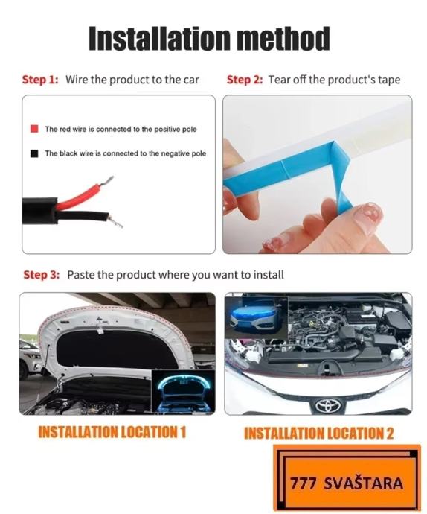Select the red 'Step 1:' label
coord(40,80)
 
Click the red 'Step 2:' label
coord(245,80)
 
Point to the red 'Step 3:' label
coord(42,275)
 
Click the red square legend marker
coord(34,128)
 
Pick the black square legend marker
coord(34,153)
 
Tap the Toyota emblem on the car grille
coord(328,405)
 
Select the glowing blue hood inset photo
coord(184,391)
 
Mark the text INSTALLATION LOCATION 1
coord(112,432)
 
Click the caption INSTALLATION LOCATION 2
coord(318,434)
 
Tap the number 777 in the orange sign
coord(304,483)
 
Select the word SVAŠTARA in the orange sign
coord(363,483)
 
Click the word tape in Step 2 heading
coord(389,80)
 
